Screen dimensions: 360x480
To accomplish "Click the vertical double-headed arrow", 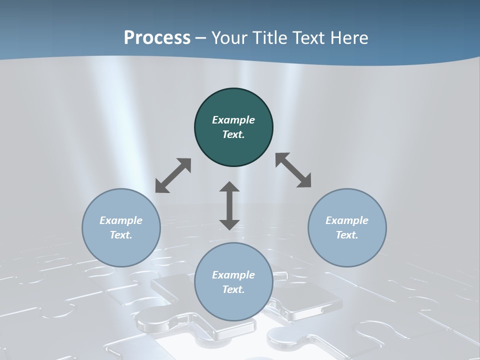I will coord(229,205).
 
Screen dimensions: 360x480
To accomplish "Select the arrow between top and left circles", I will coord(173,175).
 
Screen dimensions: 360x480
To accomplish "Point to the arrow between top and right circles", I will coord(293,170).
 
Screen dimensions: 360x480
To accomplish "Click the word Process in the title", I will coord(157,37).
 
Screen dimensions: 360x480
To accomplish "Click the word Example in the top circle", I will coord(233,120).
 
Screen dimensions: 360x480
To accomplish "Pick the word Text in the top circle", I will coord(233,134).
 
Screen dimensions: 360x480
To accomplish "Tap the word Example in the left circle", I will coord(121,220).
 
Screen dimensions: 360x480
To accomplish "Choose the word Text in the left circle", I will coord(120,235).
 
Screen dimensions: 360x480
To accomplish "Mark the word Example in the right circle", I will coord(347,220).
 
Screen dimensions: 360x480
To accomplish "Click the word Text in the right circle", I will coord(346,235).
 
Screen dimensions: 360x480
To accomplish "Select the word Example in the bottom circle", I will coord(233,275).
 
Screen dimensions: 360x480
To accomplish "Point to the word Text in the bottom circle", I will coord(233,289).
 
